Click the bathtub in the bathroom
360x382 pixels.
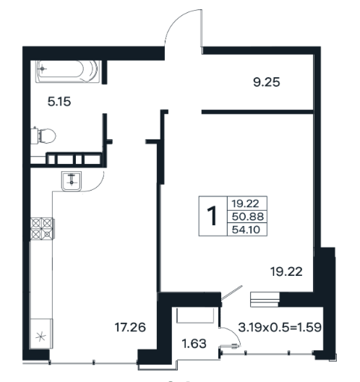[x=68, y=71]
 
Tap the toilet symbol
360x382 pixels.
[x=43, y=136]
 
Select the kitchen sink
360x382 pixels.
[x=72, y=181]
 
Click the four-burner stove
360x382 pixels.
[x=42, y=228]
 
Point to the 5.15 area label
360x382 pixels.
[x=59, y=102]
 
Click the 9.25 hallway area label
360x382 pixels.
[x=266, y=82]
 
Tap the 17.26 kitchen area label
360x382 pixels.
[x=130, y=327]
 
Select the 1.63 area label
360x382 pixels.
[x=194, y=344]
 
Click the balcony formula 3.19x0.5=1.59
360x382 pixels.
[x=280, y=327]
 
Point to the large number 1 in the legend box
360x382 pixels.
[x=213, y=216]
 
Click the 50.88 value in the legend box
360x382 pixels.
[x=247, y=217]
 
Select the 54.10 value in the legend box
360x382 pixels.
[x=246, y=230]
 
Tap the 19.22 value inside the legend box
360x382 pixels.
[x=245, y=204]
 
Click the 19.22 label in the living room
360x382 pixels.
[x=286, y=272]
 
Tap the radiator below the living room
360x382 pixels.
[x=265, y=300]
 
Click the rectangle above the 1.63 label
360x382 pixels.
[x=195, y=316]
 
